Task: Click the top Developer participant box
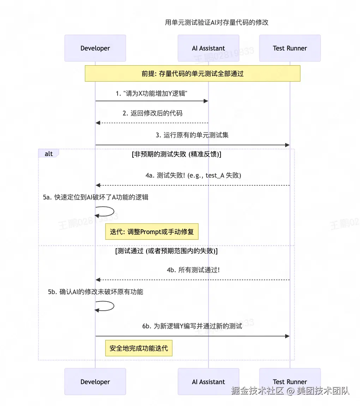[95, 48]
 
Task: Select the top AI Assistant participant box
[208, 48]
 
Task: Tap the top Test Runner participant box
[290, 48]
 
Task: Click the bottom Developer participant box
[95, 382]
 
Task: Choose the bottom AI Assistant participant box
[208, 382]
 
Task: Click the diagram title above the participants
[217, 23]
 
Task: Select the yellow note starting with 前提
[192, 74]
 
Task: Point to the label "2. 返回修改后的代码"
[152, 113]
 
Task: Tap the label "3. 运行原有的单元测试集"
[192, 135]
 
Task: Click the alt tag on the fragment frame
[49, 154]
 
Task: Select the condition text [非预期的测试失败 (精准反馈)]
[176, 154]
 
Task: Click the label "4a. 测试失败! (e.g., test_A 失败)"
[193, 175]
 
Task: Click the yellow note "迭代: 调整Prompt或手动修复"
[154, 232]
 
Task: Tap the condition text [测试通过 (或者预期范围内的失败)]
[166, 251]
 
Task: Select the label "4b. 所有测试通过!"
[193, 270]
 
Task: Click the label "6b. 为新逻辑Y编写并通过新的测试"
[192, 326]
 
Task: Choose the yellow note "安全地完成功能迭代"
[139, 348]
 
